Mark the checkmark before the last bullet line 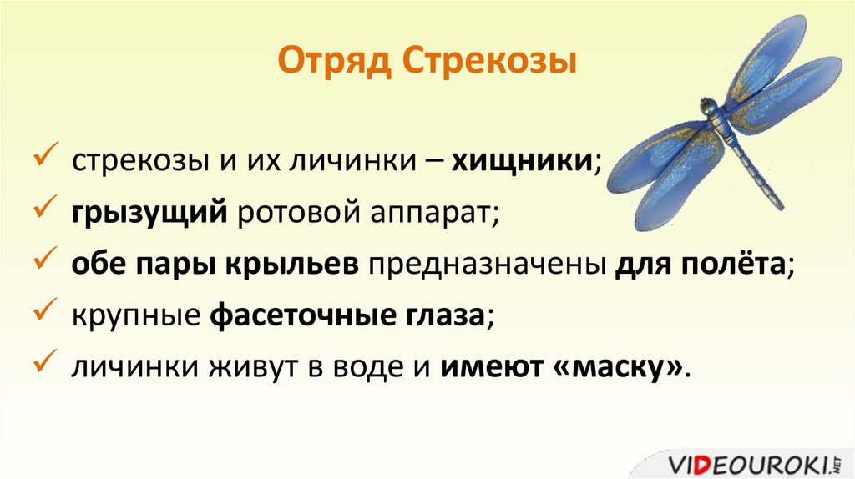[x=44, y=365]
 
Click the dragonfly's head [x=709, y=106]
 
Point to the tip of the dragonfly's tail [x=782, y=207]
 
